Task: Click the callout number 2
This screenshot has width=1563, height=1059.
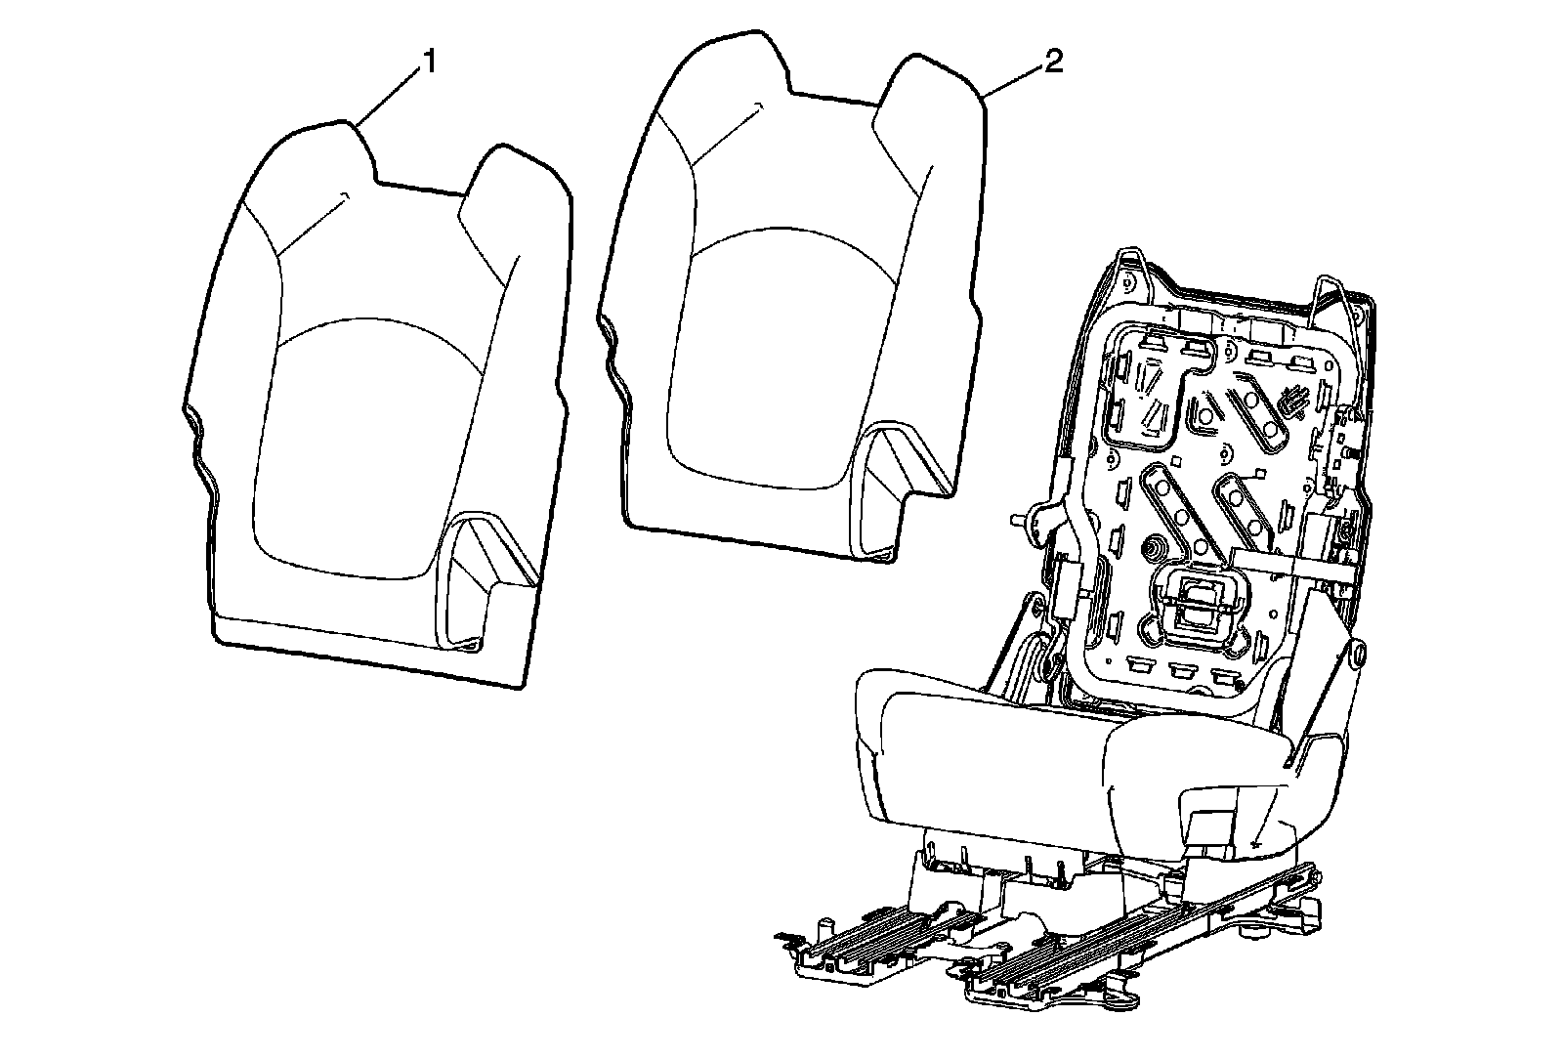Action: point(1053,63)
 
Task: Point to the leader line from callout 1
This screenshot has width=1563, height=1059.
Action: point(391,98)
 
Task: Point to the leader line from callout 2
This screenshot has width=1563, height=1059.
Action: point(1016,80)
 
